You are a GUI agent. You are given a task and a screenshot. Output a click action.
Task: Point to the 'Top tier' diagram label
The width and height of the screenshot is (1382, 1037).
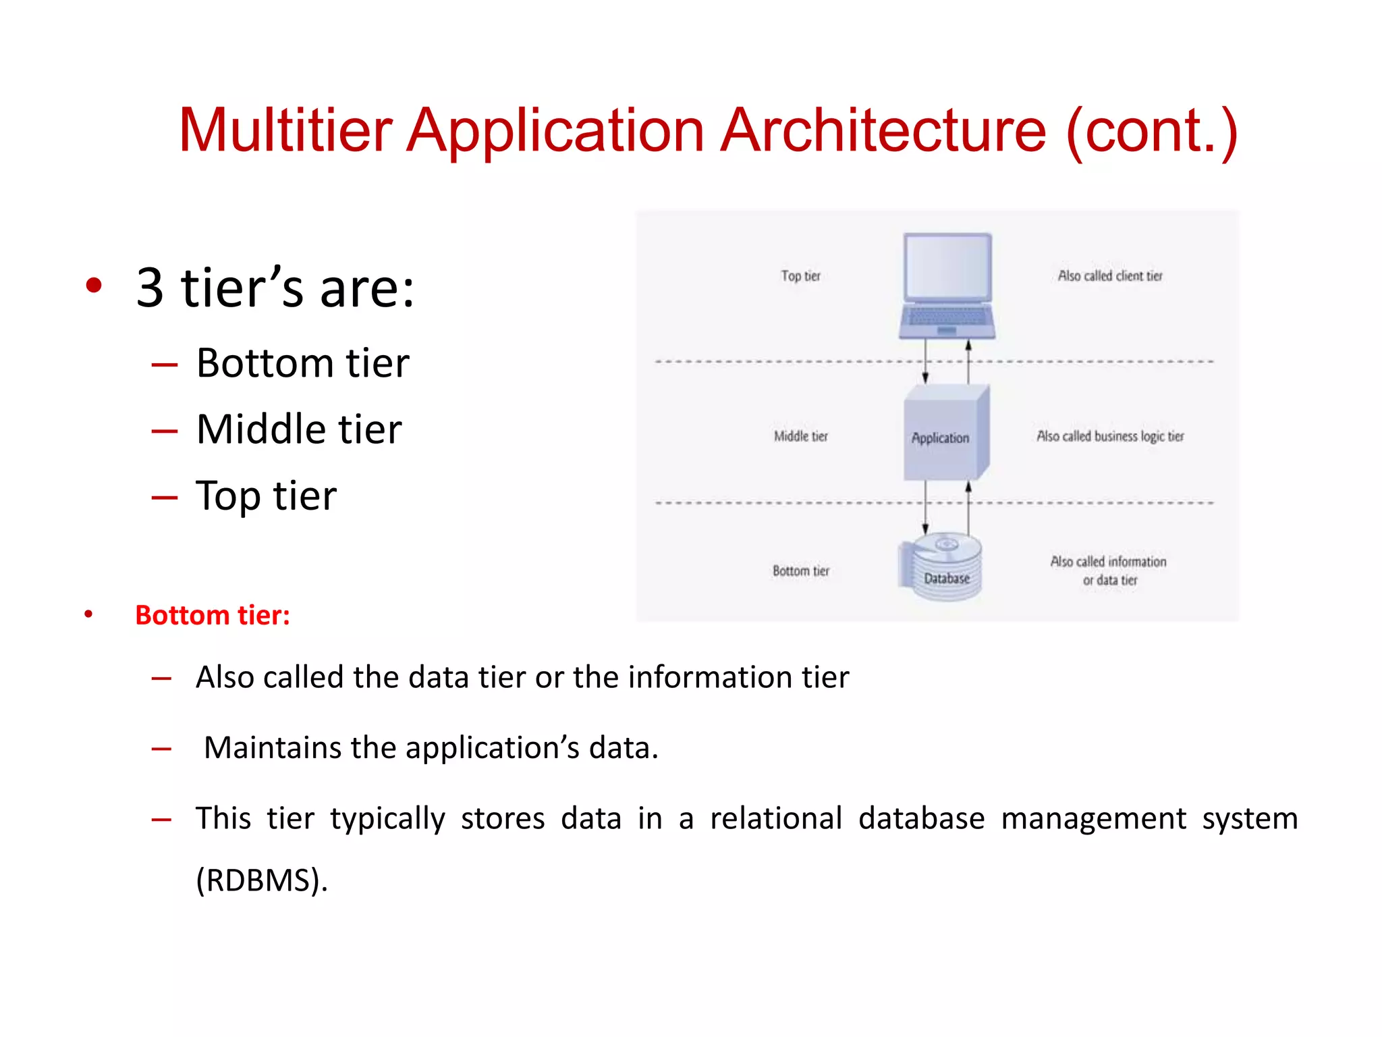point(800,276)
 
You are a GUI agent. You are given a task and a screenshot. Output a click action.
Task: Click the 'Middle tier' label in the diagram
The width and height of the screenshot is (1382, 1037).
point(800,436)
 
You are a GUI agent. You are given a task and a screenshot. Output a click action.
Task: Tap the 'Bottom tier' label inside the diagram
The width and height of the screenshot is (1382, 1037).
point(800,571)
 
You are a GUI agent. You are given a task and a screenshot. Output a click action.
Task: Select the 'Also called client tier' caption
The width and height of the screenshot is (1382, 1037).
point(1110,276)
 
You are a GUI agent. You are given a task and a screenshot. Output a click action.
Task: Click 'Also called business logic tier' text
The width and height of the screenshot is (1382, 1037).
point(1110,436)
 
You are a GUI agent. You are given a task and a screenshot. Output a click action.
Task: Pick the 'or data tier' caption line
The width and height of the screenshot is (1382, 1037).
point(1110,580)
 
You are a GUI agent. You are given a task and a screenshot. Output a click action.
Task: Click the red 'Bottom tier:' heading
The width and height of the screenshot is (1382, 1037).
point(213,615)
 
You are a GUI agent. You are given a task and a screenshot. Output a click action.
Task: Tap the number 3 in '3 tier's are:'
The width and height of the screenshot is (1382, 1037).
point(150,288)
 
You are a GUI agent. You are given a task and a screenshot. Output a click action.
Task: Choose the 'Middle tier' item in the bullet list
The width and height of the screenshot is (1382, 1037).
point(299,429)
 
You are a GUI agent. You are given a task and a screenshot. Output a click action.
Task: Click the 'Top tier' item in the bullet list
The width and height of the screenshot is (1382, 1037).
point(266,496)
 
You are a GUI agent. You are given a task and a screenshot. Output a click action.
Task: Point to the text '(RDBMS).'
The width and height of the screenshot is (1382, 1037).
point(262,880)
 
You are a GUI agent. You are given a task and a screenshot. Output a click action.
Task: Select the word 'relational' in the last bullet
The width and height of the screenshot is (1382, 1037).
point(776,818)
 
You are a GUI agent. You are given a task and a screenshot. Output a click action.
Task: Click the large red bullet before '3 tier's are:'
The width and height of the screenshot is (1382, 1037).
point(94,285)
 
